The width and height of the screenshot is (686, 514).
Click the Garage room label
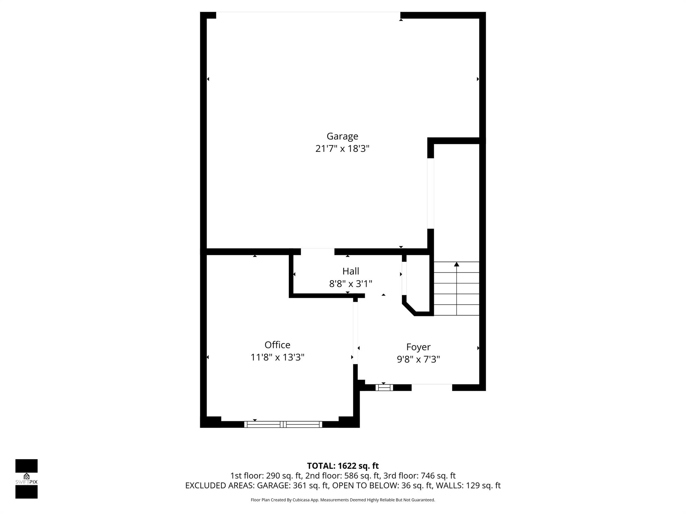coord(342,136)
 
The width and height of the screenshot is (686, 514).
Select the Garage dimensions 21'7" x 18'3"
coord(342,149)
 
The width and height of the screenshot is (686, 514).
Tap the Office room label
coord(277,345)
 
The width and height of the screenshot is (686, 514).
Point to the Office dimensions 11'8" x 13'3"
coord(277,357)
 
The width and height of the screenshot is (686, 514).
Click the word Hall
coord(351,271)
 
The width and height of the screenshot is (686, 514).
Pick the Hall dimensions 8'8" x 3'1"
coord(351,284)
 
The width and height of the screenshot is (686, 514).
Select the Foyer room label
coord(418,347)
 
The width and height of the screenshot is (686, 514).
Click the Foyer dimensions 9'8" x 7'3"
coord(418,359)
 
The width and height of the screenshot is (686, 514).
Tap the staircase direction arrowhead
coord(457,264)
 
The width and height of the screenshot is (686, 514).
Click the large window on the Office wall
coord(283,424)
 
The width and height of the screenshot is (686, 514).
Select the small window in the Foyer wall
coord(384,388)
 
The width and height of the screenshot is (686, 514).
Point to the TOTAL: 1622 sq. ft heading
coord(343,466)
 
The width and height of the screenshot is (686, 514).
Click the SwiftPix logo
coord(26,479)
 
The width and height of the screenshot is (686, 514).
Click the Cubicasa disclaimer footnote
coord(343,500)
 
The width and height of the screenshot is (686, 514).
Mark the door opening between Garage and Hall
coord(318,252)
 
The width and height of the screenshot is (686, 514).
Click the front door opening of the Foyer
coord(432,388)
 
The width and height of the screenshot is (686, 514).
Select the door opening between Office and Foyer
coord(355,333)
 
